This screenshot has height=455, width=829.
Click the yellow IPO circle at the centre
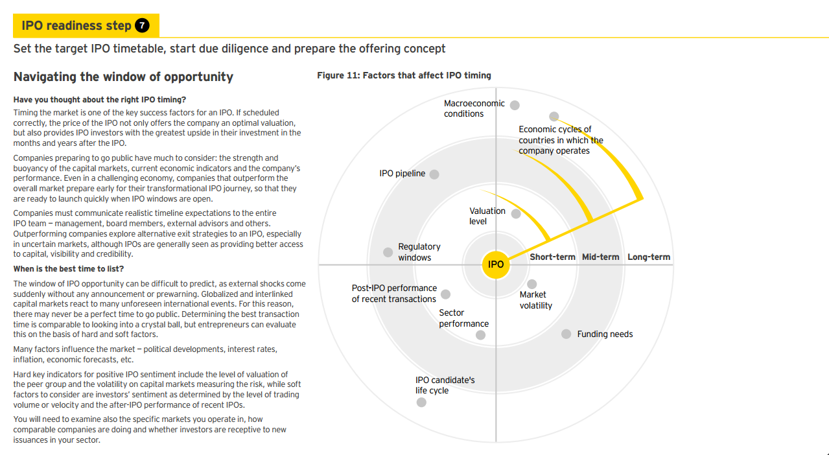coord(496,264)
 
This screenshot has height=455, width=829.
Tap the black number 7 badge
coord(142,25)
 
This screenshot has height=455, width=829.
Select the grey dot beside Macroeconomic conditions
coord(515,105)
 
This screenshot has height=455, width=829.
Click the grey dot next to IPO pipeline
coord(434,174)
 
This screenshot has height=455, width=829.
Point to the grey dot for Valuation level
coord(516,214)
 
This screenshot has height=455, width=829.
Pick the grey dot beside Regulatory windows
coord(388,252)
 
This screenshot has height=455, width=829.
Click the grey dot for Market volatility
coord(532,284)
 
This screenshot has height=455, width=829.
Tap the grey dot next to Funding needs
coord(566,334)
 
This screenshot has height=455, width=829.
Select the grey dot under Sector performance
coord(480,335)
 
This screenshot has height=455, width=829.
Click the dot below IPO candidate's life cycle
coord(421,402)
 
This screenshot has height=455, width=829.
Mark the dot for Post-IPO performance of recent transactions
coord(445,294)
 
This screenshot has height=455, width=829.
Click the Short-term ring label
coord(552,257)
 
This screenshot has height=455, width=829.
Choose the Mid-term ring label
coord(601,257)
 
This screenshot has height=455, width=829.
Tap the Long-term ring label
coord(649,257)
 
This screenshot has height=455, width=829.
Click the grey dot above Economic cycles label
coord(554,117)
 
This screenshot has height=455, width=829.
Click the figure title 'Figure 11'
coord(404,76)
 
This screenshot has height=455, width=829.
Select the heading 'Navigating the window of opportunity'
coord(123,77)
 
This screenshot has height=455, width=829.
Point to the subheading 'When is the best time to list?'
coord(69,269)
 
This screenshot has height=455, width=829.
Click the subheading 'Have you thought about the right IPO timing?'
coord(100,100)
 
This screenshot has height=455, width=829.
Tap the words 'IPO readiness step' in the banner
coord(76,25)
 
